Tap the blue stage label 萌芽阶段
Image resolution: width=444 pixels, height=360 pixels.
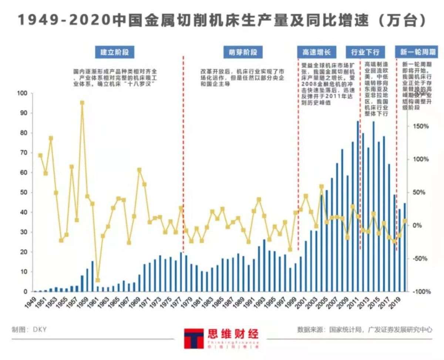240,52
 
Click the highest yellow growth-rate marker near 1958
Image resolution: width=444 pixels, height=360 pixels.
82,103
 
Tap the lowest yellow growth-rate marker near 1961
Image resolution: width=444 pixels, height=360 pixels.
98,280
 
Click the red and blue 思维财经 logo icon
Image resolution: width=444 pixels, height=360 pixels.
194,338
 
